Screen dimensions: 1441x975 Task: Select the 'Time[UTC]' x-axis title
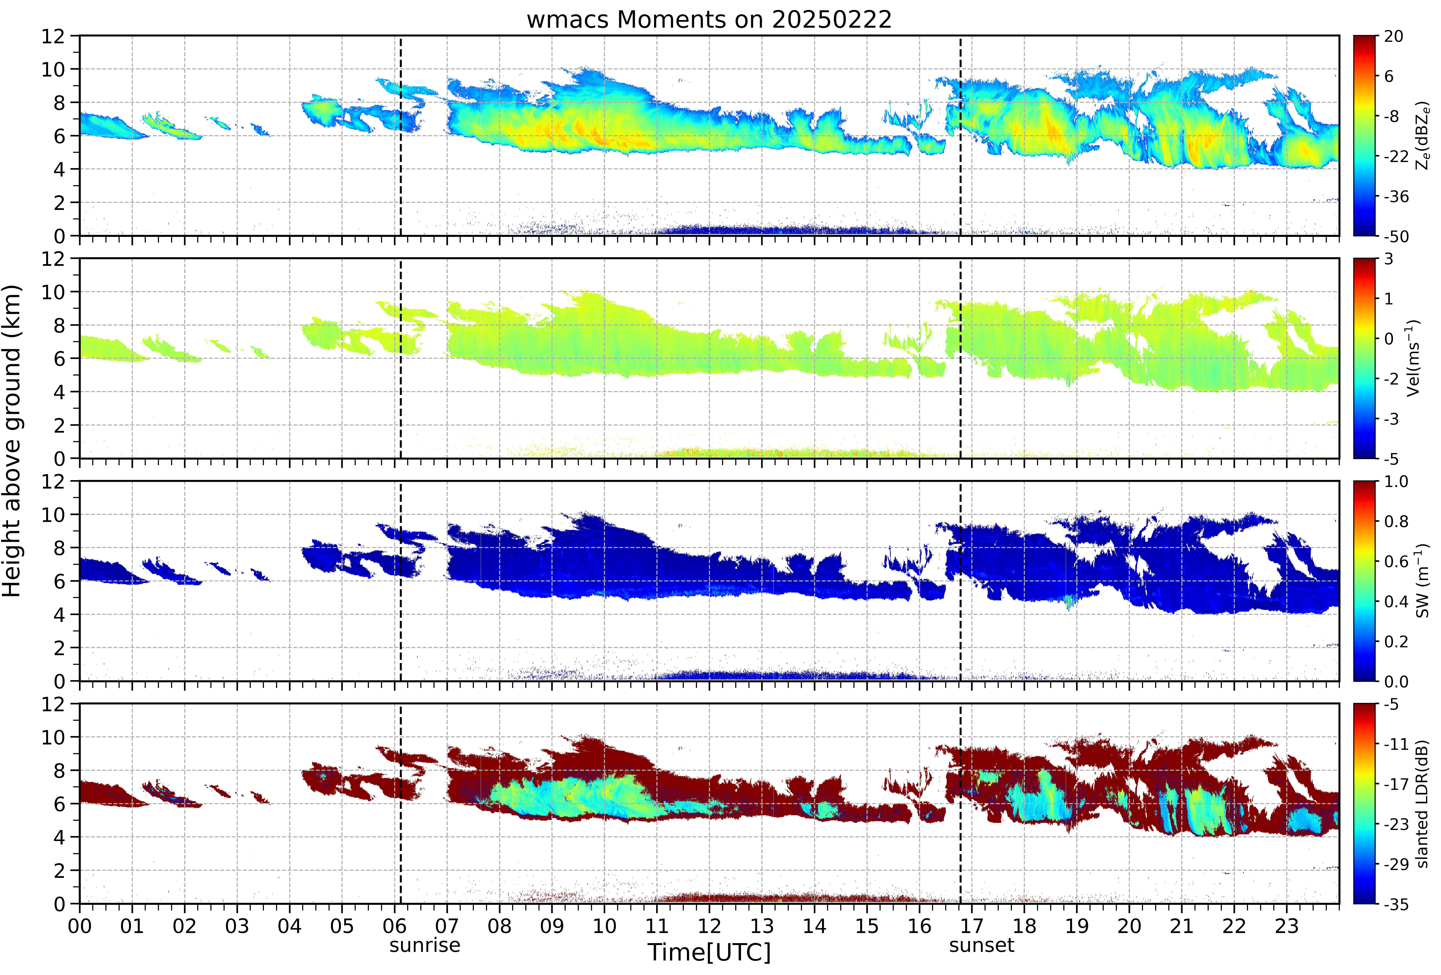(709, 952)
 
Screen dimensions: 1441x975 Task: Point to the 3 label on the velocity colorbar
(1389, 259)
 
